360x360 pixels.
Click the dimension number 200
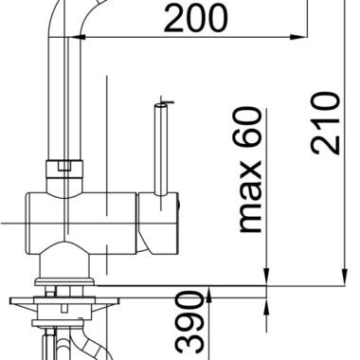[195, 19]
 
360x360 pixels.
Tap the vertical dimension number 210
[326, 123]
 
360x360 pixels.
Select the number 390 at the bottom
[189, 325]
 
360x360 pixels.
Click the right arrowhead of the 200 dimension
[298, 37]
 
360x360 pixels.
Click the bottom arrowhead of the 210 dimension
[345, 277]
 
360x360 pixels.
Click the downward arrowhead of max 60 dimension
[267, 277]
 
